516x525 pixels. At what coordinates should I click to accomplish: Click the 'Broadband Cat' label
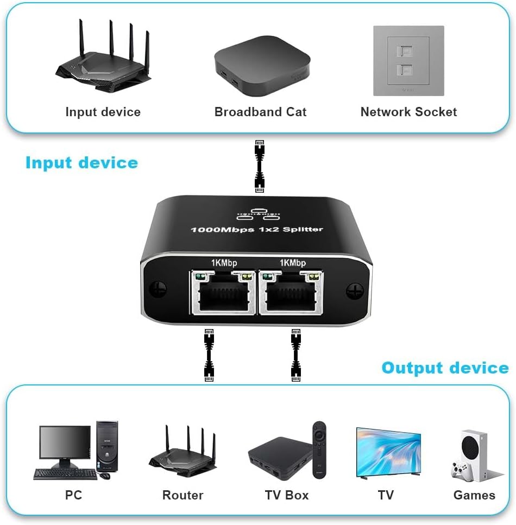(x=260, y=112)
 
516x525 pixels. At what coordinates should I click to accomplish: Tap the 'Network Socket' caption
(x=408, y=112)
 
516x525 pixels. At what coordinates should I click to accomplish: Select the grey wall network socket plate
(x=408, y=61)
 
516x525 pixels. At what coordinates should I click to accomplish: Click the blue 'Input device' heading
(x=81, y=162)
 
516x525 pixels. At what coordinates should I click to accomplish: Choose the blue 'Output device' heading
(x=445, y=368)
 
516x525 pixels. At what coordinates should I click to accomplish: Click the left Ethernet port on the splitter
(x=223, y=293)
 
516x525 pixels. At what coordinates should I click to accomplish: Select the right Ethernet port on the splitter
(x=292, y=293)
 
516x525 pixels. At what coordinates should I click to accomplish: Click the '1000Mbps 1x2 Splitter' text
(x=256, y=229)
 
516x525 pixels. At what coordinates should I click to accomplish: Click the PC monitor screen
(x=65, y=442)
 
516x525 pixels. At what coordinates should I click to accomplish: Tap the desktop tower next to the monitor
(x=106, y=447)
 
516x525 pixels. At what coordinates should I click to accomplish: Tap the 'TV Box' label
(x=286, y=495)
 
